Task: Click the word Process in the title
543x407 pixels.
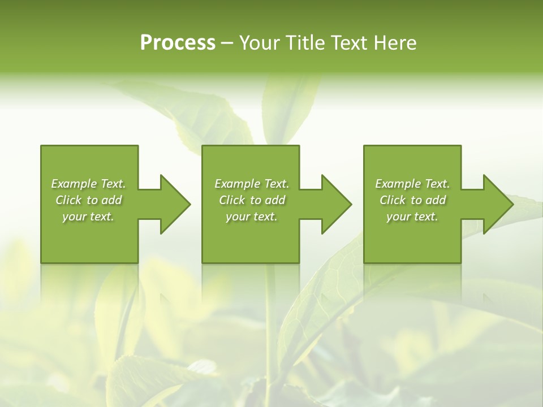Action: point(178,43)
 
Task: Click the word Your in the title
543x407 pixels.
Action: point(258,43)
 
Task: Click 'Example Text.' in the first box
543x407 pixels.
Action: point(88,184)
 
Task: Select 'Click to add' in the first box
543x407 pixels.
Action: point(88,200)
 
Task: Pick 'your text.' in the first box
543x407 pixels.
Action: point(88,217)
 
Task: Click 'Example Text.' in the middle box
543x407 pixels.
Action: point(251,184)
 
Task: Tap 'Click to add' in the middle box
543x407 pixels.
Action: point(251,200)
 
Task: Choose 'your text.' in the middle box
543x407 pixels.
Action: point(251,217)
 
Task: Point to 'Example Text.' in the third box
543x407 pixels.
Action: point(412,184)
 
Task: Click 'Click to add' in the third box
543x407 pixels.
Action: point(412,200)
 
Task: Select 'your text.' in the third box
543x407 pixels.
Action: point(412,217)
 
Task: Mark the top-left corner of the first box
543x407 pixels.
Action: point(41,146)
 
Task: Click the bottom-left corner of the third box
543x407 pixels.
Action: point(364,262)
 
